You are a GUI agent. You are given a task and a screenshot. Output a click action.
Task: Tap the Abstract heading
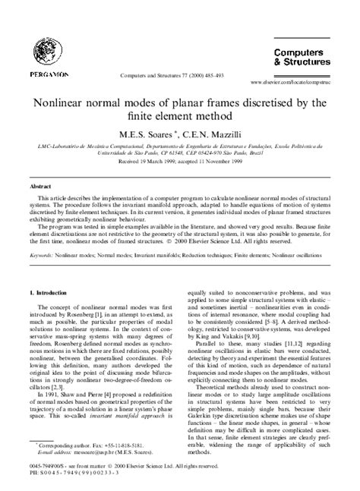[x=40, y=185]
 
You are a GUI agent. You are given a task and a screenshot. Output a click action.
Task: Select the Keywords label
[x=43, y=256]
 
